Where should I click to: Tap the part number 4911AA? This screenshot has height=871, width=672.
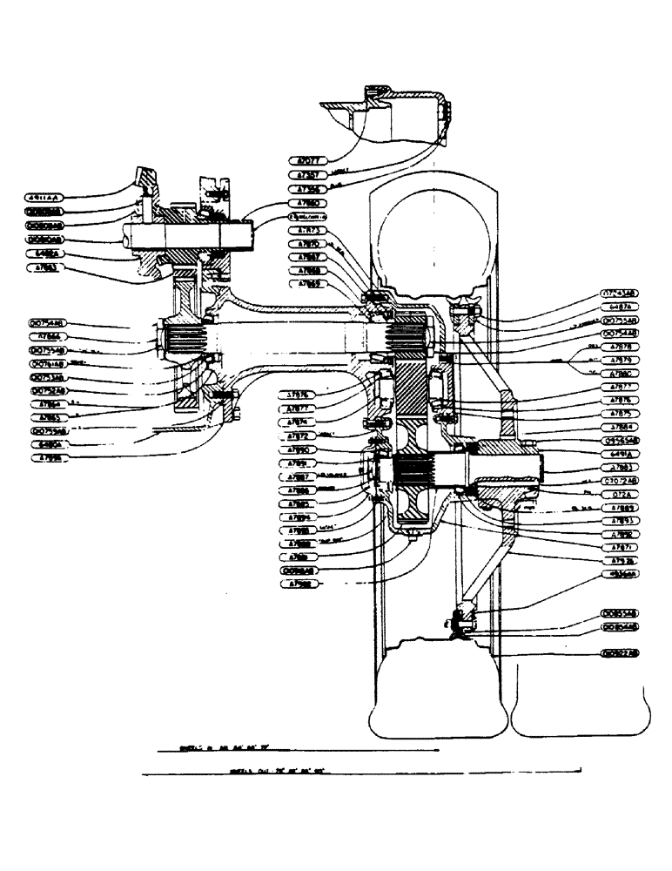[46, 198]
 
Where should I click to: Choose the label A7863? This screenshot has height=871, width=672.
[46, 267]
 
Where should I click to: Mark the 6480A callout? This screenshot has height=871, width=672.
[46, 444]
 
